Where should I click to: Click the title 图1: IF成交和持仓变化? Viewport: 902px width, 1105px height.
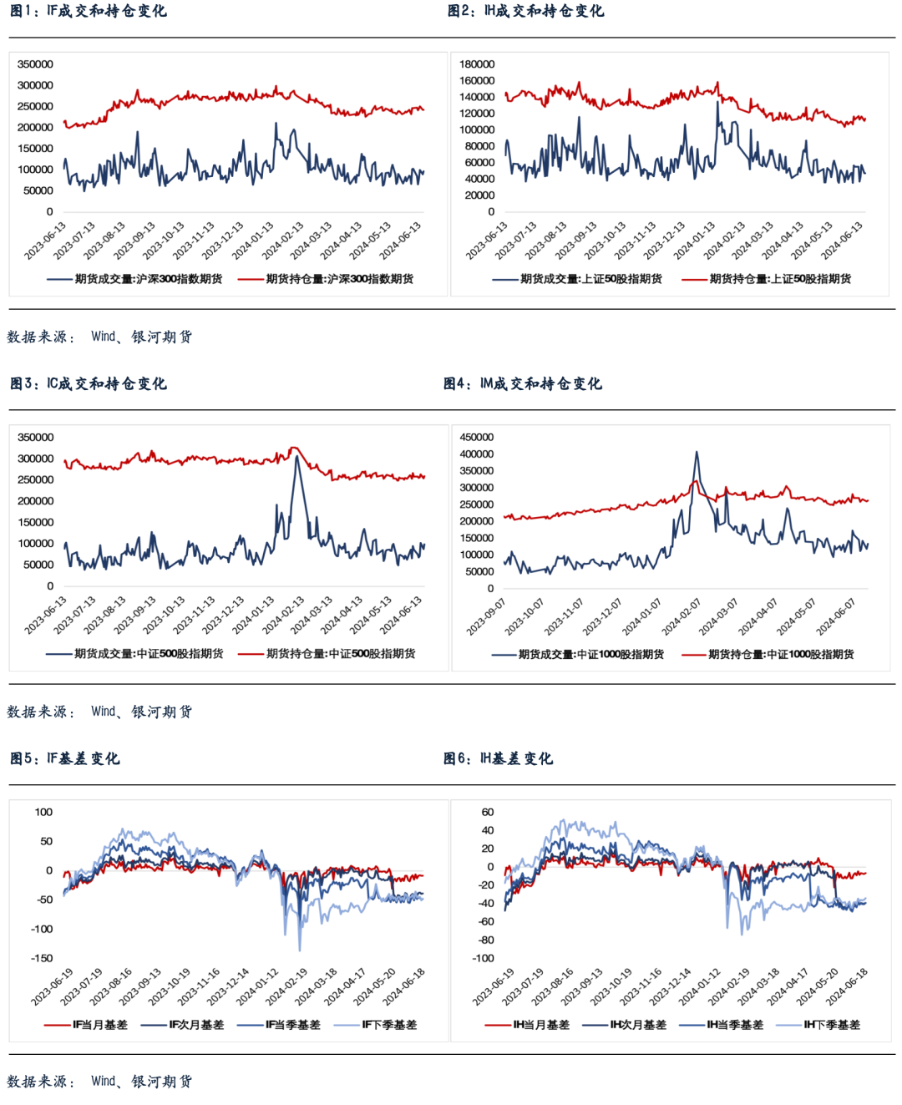89,11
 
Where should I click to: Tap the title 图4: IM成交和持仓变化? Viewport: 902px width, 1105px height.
523,383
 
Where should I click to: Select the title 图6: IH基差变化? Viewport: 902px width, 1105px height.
499,758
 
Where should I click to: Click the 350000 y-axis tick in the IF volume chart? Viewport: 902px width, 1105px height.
35,64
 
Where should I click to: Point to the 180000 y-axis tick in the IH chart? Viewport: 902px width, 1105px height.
477,64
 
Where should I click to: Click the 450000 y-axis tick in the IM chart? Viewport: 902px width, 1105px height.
477,437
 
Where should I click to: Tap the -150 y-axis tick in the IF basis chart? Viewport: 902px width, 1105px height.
41,958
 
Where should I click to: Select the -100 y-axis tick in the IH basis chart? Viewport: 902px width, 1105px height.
483,958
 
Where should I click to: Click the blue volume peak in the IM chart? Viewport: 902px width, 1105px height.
697,453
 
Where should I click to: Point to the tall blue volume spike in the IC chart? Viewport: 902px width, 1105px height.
296,457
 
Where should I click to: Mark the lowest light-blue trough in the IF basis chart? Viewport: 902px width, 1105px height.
300,950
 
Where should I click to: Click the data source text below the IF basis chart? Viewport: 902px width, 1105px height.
100,1082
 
